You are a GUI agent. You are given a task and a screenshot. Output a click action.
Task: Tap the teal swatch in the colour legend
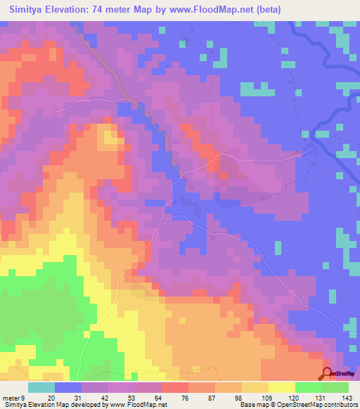pyautogui.click(x=41, y=388)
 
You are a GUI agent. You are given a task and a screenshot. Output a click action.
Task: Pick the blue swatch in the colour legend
pyautogui.click(x=68, y=388)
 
